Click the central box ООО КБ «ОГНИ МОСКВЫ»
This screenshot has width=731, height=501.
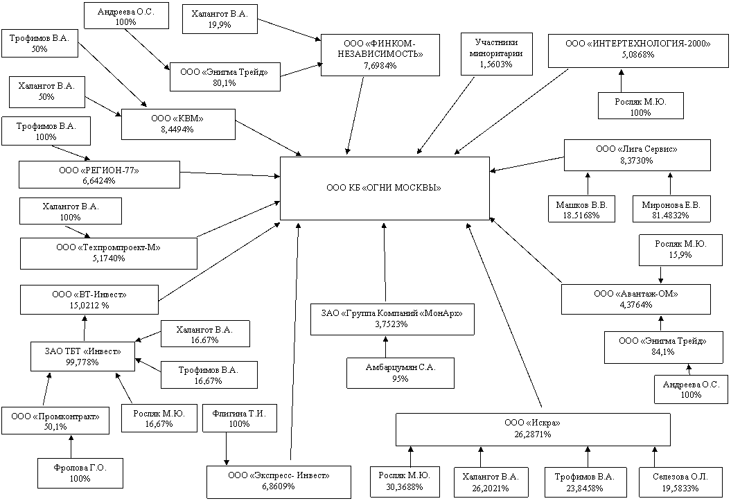385,188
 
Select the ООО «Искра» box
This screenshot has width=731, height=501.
534,429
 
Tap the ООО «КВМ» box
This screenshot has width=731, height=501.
178,125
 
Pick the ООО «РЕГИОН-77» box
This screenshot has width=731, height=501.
99,175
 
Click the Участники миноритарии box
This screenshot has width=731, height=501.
497,53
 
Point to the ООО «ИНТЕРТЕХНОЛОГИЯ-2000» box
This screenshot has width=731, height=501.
637,49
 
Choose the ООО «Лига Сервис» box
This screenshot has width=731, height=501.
637,155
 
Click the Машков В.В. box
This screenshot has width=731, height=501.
582,209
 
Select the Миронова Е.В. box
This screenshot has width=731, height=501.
671,209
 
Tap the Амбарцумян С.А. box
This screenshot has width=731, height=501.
400,373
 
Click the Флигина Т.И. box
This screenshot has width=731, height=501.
240,418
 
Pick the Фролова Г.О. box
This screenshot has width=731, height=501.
80,473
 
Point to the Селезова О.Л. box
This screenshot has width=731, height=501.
680,482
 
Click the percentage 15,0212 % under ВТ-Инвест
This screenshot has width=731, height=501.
89,306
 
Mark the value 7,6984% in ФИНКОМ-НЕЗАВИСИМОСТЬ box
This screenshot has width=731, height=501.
380,66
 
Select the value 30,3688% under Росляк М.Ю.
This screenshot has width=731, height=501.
404,487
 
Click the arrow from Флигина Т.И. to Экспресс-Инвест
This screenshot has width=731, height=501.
227,448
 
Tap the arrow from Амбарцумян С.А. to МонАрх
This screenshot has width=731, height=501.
385,346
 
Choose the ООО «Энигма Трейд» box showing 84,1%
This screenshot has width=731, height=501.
662,346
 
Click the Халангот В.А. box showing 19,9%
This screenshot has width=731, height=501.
220,19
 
